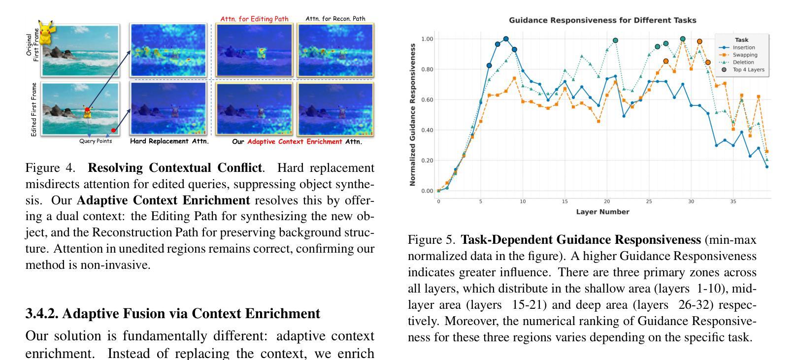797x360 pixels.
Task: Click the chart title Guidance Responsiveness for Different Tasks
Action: tap(602, 20)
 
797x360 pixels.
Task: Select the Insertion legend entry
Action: tap(743, 48)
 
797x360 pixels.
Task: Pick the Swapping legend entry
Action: tap(745, 55)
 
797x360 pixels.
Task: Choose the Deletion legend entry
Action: tap(743, 63)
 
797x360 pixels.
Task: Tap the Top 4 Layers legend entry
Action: tap(748, 70)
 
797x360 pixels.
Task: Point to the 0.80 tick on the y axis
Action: tap(427, 69)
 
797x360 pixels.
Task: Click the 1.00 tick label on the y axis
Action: tap(427, 39)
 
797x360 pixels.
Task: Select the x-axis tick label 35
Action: tap(733, 201)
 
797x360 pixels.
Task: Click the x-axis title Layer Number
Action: tap(602, 212)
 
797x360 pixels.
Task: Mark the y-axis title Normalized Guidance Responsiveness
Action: tap(412, 115)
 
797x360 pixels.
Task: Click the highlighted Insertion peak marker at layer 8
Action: tap(506, 39)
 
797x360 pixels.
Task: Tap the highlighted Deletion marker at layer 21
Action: tap(615, 40)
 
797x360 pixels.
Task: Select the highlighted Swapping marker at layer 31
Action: tap(699, 42)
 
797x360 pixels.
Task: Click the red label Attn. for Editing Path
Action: tap(254, 19)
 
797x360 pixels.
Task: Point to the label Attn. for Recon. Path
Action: tap(335, 19)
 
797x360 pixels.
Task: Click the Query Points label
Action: tap(96, 141)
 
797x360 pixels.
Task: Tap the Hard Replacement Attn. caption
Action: tap(169, 141)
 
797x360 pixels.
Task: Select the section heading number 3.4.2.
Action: tap(42, 314)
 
